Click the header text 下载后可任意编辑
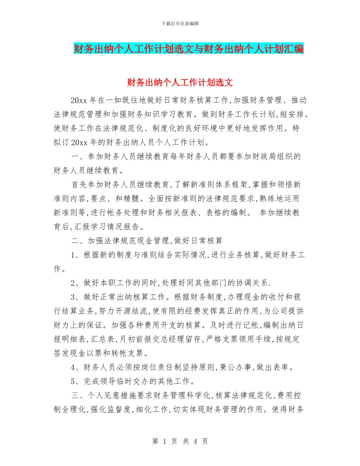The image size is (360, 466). pos(180,23)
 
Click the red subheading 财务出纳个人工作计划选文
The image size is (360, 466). pos(180,82)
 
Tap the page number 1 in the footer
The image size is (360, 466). pos(165,441)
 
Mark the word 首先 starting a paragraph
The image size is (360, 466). pos(79,185)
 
